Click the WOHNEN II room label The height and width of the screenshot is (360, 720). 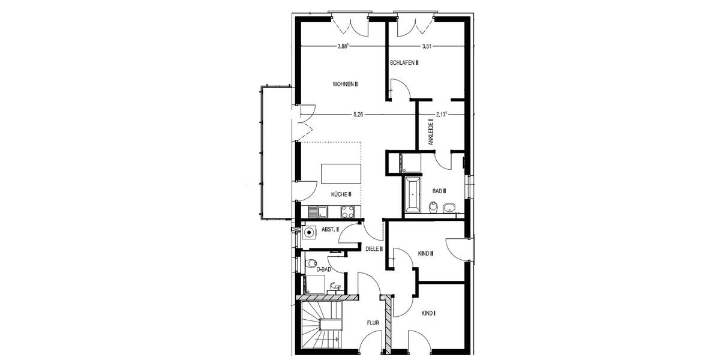(345, 85)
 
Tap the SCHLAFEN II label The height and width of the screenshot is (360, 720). (404, 62)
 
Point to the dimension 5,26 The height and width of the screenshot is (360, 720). (358, 113)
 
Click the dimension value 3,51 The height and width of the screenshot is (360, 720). (427, 46)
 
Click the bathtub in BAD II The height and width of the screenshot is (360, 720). (413, 195)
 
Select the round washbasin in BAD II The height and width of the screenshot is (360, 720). (449, 209)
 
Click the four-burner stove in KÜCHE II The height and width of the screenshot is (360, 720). (347, 211)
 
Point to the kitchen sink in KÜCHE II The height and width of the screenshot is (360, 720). (318, 211)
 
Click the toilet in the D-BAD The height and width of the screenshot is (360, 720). (310, 263)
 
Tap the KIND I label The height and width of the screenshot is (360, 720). (428, 313)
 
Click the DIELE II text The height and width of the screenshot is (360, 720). (374, 248)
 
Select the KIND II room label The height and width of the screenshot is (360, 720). (425, 254)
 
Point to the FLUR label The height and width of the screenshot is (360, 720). (373, 323)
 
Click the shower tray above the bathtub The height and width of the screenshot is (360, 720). (412, 162)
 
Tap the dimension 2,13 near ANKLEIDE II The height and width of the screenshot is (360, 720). (442, 113)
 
